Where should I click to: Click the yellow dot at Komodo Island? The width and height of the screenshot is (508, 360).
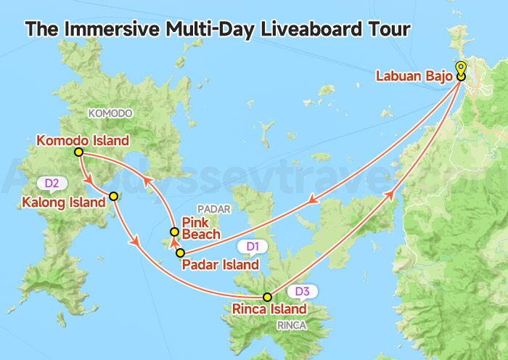[x=78, y=152]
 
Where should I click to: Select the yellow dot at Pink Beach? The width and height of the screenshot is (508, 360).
[x=174, y=232]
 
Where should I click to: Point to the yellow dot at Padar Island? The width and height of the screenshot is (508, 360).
[x=181, y=253]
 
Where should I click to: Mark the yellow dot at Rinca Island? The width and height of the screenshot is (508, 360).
[x=267, y=297]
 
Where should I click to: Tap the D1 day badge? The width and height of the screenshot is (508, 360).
[x=253, y=247]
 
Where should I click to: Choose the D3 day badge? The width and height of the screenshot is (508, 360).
[x=303, y=292]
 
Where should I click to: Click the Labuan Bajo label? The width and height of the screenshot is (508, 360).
[x=414, y=75]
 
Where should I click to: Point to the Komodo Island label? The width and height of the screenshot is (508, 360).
[x=83, y=140]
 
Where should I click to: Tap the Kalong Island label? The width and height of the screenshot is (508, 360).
[x=64, y=202]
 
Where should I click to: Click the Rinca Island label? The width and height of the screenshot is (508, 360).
[x=269, y=309]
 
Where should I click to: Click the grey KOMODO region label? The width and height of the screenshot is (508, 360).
[x=110, y=113]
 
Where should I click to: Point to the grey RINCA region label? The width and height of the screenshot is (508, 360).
[x=292, y=326]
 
